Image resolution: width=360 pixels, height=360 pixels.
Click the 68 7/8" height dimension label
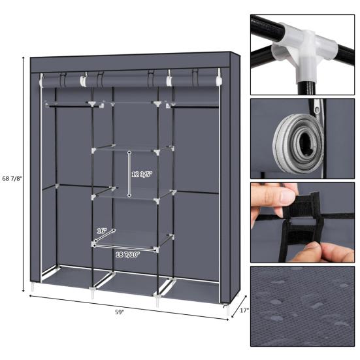click(x=12, y=178)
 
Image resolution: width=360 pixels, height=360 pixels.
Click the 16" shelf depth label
click(x=101, y=231)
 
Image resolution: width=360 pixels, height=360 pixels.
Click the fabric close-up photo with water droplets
click(x=302, y=304)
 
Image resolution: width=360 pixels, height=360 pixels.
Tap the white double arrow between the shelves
click(x=129, y=174)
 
